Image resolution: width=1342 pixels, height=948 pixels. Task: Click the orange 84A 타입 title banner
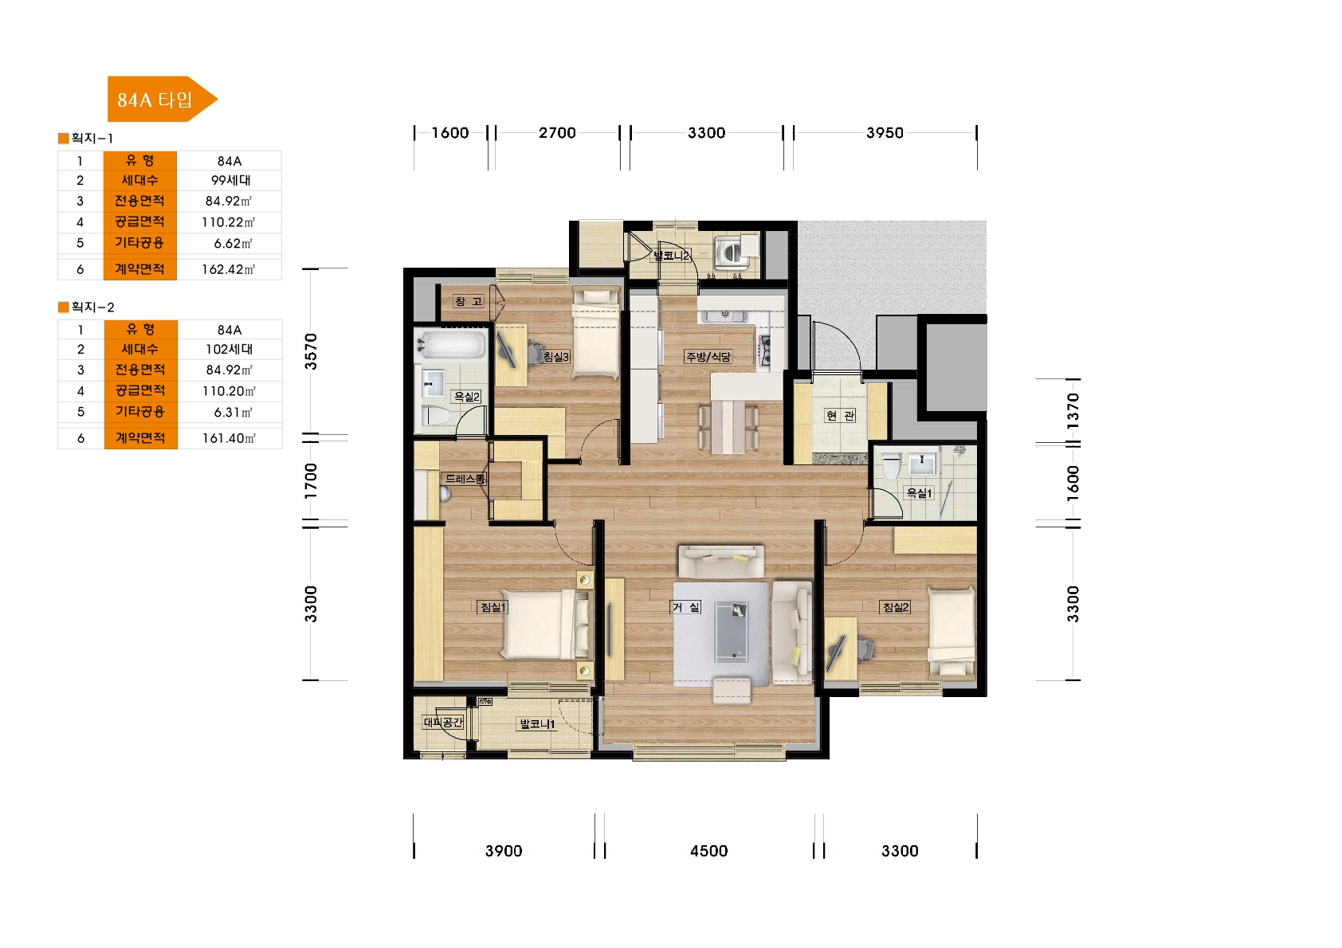[x=162, y=99]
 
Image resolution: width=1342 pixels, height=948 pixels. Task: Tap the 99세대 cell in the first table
[x=230, y=180]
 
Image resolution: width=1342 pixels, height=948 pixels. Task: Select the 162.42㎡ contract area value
[x=228, y=269]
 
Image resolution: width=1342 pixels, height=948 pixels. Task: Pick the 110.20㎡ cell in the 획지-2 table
[x=229, y=391]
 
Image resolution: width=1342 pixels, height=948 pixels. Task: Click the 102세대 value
[x=229, y=349]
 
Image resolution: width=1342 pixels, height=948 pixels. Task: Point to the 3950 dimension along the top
[x=885, y=133]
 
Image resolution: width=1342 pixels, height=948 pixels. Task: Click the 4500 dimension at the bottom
[x=708, y=851]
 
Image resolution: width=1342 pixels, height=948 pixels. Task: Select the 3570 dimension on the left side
[x=310, y=351]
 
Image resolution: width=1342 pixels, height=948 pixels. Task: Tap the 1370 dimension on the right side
[x=1073, y=411]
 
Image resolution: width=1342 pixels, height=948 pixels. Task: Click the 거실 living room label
[x=686, y=607]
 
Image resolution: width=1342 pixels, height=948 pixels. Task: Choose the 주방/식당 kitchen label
[x=708, y=357]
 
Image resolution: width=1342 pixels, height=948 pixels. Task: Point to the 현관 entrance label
[x=840, y=415]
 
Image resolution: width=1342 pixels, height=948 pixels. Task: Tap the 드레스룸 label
[x=465, y=479]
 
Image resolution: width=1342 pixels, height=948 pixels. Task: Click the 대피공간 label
[x=443, y=723]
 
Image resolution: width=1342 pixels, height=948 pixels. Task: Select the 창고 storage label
[x=468, y=301]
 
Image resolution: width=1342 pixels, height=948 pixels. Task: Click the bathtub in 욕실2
[x=451, y=345]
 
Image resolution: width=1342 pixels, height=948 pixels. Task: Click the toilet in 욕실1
[x=891, y=466]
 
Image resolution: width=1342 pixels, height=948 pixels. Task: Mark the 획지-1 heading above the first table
[x=86, y=139]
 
